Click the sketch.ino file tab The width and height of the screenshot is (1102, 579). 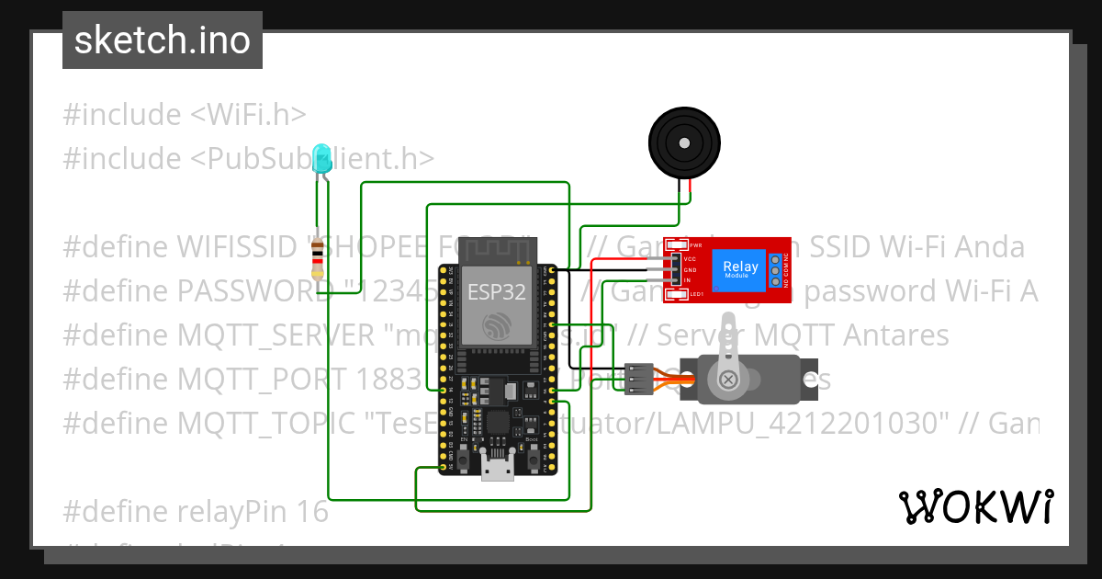[162, 41]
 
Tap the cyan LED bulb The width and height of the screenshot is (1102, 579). [320, 158]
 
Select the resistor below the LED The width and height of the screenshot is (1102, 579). [318, 258]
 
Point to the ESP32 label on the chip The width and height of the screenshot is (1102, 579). [497, 292]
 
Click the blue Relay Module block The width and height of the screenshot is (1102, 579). [740, 269]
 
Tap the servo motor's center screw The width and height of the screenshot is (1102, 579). [727, 379]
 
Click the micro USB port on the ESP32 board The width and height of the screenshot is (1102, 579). [497, 471]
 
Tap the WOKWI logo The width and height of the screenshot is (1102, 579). [975, 506]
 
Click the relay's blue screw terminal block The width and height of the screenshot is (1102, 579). [777, 270]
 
